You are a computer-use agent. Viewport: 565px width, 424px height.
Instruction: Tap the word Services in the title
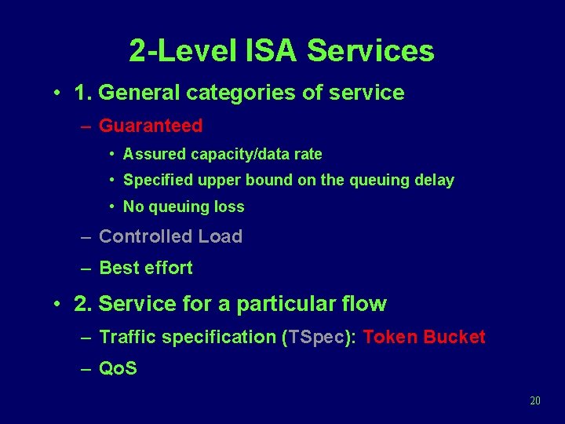point(370,51)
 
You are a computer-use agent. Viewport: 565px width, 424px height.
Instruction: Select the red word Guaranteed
point(151,126)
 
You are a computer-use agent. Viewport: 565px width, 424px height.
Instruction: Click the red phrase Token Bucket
point(425,337)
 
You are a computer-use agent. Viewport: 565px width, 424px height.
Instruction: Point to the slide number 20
point(535,400)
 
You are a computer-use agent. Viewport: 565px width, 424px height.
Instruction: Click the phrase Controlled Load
point(170,236)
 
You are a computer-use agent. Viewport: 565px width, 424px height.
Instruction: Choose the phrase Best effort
point(146,268)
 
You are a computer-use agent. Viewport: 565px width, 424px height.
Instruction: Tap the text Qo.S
point(118,368)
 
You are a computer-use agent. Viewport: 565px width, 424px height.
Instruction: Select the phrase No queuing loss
point(184,207)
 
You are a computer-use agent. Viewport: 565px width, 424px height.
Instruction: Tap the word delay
point(435,181)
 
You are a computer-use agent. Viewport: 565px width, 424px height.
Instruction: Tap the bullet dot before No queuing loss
point(114,207)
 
